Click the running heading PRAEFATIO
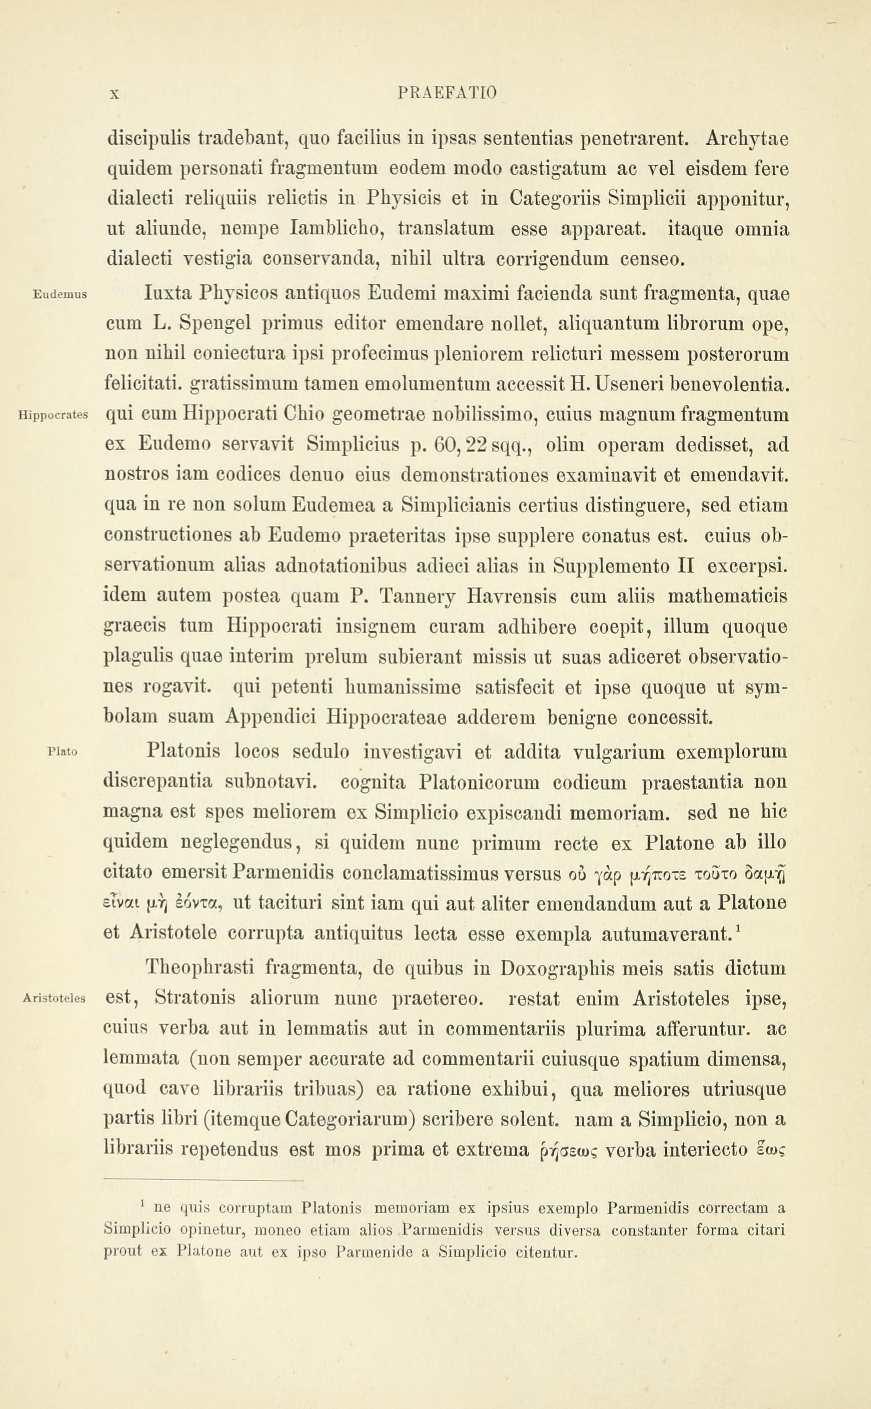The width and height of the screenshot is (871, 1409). [447, 93]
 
